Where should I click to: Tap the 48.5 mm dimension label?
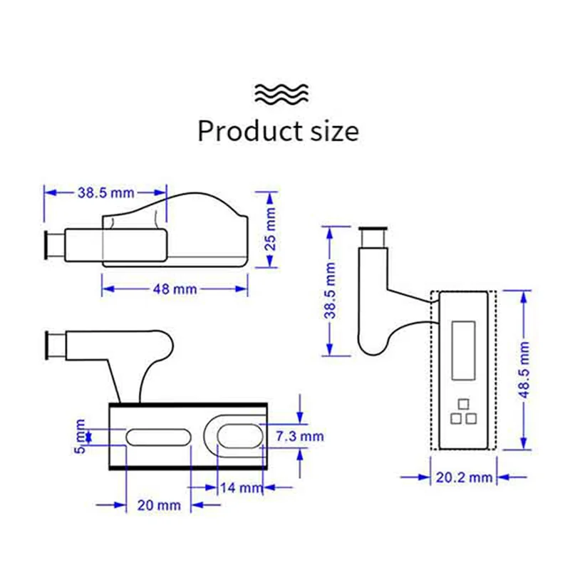[525, 369]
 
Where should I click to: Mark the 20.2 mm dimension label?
[464, 477]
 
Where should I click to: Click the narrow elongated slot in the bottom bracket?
[158, 436]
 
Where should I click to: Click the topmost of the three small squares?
[464, 403]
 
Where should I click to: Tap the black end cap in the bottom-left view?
[50, 346]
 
